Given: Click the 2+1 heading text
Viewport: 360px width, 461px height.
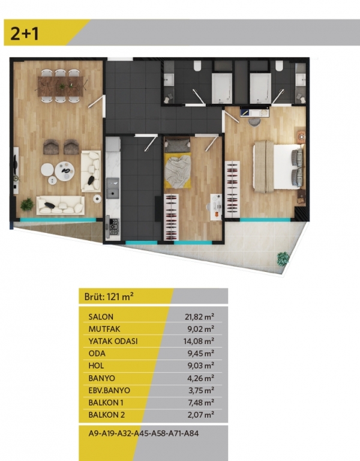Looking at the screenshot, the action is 25,33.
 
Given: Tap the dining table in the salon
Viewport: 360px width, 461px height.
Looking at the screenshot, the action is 61,86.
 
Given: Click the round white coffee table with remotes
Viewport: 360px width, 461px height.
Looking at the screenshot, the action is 65,171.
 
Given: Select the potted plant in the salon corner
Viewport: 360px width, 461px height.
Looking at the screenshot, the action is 28,204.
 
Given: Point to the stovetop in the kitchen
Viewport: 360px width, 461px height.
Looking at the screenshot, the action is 113,227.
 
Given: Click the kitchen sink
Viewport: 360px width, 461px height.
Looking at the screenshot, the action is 113,188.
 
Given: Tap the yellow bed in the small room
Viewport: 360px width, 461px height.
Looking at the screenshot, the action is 178,169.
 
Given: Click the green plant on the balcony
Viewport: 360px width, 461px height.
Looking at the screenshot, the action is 283,259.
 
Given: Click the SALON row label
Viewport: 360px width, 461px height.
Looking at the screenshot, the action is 101,317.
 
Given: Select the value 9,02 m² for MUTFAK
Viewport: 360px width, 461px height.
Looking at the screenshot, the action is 201,329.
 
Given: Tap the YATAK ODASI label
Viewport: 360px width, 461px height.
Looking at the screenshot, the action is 113,342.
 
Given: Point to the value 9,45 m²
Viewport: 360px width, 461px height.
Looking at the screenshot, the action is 201,353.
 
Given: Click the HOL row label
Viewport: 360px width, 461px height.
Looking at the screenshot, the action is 96,366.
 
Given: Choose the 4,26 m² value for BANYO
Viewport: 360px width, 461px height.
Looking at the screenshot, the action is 201,378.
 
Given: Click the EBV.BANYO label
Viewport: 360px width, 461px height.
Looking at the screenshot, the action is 109,390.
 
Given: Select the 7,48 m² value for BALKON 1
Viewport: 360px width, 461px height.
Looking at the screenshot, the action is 201,402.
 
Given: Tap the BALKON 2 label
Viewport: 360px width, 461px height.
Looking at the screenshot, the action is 107,415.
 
